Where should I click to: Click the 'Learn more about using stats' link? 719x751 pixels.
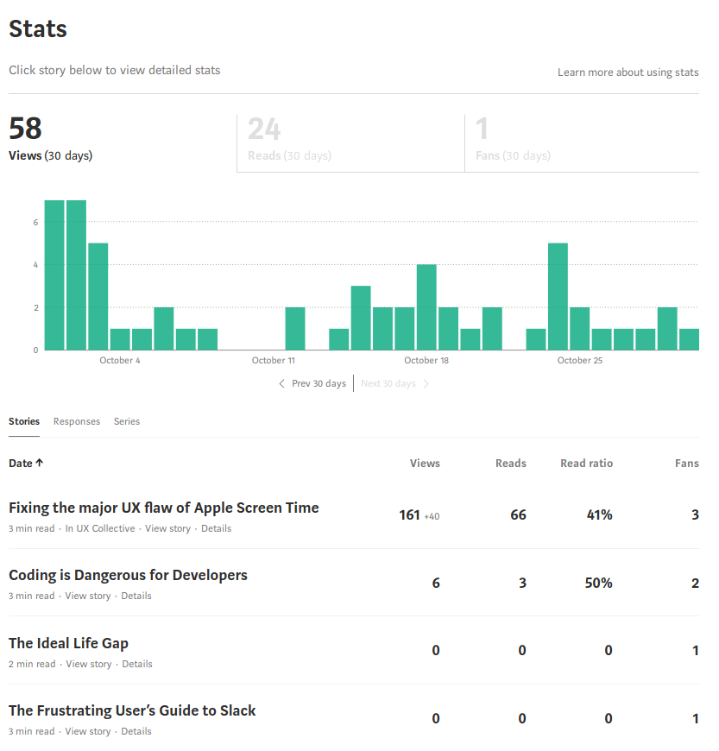(x=628, y=73)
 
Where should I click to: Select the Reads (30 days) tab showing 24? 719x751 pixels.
(x=350, y=143)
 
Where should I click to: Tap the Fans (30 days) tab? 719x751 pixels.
(x=582, y=143)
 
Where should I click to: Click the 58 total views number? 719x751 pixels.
(x=25, y=129)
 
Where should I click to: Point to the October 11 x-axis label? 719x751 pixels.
(x=274, y=360)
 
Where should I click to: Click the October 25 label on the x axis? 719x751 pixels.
(x=580, y=360)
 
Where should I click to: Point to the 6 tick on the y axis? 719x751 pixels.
(x=35, y=222)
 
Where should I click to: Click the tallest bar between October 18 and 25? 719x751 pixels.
(x=558, y=296)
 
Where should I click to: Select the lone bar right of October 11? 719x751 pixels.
(x=295, y=329)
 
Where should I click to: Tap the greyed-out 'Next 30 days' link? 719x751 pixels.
(x=394, y=383)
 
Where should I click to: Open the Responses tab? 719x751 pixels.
(x=77, y=421)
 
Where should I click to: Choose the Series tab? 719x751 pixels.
(x=127, y=421)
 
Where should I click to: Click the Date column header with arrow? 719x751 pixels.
(x=26, y=464)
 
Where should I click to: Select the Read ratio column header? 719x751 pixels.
(x=586, y=464)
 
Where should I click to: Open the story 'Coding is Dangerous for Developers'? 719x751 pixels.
(x=128, y=575)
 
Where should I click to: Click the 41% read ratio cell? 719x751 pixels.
(x=599, y=514)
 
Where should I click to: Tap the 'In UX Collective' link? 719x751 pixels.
(x=100, y=528)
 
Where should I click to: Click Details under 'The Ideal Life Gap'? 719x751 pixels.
(x=137, y=664)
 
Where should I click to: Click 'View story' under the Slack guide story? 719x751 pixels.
(x=88, y=731)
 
